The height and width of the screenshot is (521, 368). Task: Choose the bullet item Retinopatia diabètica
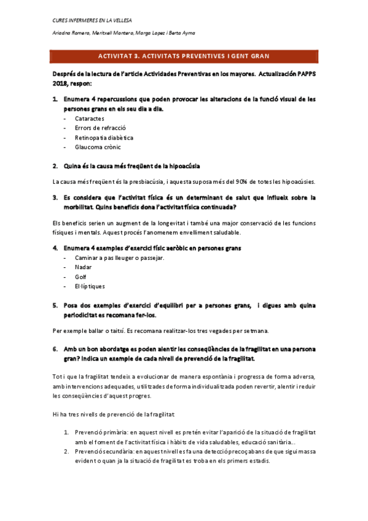coord(104,137)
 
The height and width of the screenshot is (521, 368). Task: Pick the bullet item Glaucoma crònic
coord(98,147)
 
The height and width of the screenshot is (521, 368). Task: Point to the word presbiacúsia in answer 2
coord(130,181)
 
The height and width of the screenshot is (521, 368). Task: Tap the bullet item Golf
coord(80,277)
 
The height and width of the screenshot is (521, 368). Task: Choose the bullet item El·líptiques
coord(90,286)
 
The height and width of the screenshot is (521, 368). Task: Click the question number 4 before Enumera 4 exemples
coord(55,248)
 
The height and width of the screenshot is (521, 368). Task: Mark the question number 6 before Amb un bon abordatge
coord(55,349)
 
